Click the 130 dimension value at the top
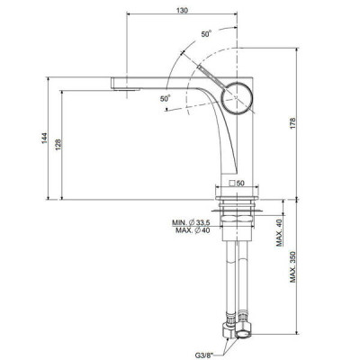[182, 10]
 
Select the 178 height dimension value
[292, 123]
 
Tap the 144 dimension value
[44, 138]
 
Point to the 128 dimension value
[58, 144]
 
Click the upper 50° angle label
[206, 34]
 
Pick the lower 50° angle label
[165, 98]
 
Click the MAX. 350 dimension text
[292, 266]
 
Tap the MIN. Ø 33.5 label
[191, 222]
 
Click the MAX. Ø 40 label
[193, 230]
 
